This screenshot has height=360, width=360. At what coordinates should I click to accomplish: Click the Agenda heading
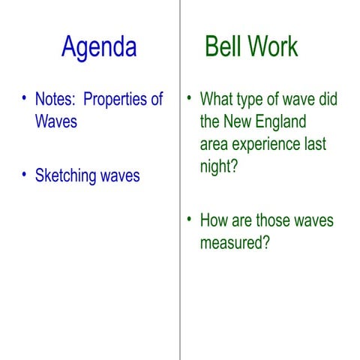point(99,47)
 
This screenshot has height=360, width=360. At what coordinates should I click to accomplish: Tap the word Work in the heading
point(273,46)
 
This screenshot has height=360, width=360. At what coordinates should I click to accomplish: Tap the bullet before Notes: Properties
point(25,99)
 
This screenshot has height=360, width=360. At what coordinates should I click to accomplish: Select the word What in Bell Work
point(217,100)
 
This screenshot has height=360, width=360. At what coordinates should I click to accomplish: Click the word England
point(280,121)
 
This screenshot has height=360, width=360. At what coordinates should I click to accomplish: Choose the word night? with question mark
point(219,166)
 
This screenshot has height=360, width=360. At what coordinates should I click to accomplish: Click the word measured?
point(234,244)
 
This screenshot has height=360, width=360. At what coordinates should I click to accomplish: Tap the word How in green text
point(214,221)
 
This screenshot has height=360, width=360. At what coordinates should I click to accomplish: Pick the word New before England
point(238,121)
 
